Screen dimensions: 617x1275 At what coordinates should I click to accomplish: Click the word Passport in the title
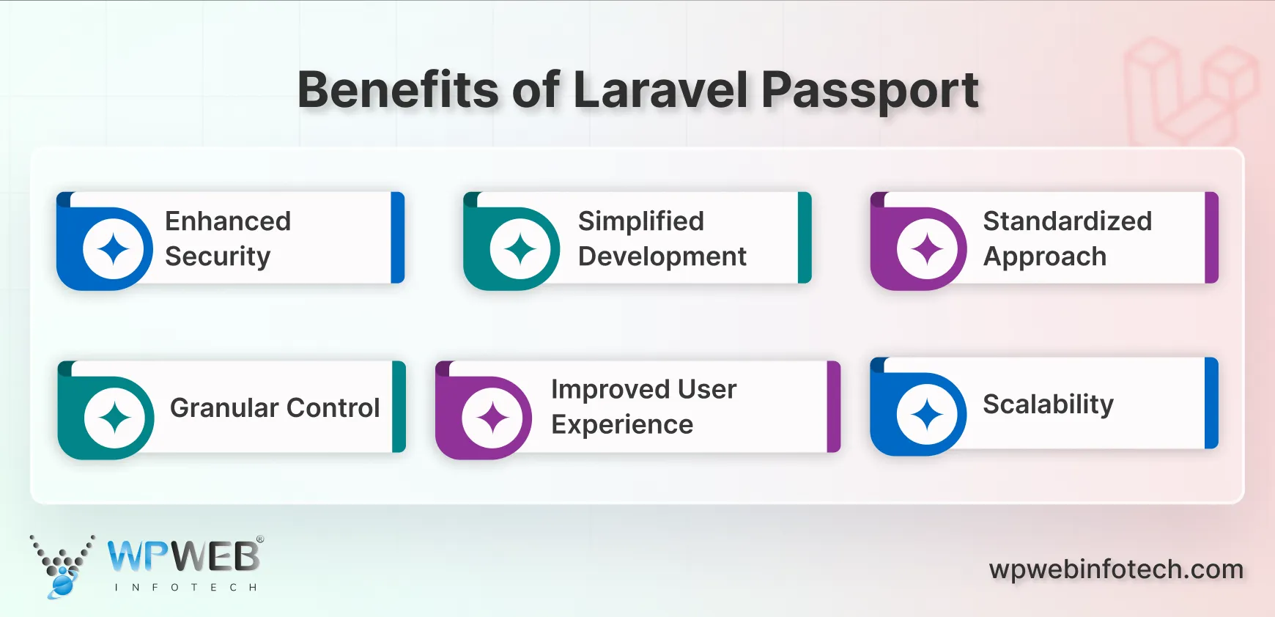tap(869, 91)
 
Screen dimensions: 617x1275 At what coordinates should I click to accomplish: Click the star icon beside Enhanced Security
tap(114, 250)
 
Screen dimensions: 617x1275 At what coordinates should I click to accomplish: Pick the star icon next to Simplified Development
tap(520, 250)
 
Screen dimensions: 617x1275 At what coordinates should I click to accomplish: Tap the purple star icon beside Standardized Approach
tap(927, 250)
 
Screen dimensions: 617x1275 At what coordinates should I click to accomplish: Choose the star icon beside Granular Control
tap(115, 418)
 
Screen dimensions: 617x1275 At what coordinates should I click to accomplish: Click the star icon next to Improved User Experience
tap(492, 418)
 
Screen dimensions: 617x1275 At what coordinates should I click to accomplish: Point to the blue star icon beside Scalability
tap(927, 415)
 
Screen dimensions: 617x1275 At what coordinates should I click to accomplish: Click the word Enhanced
tap(228, 221)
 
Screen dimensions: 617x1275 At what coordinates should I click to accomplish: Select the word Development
tap(662, 256)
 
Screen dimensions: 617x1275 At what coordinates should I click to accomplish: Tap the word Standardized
tap(1067, 221)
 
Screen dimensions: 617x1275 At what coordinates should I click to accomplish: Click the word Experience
tap(622, 425)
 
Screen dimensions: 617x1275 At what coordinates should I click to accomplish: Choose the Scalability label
tap(1048, 404)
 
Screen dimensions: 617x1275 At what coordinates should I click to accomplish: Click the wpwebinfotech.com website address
tap(1116, 569)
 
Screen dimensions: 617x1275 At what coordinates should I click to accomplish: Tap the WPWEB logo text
tap(183, 557)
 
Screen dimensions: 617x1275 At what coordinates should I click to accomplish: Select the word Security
tap(218, 256)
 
